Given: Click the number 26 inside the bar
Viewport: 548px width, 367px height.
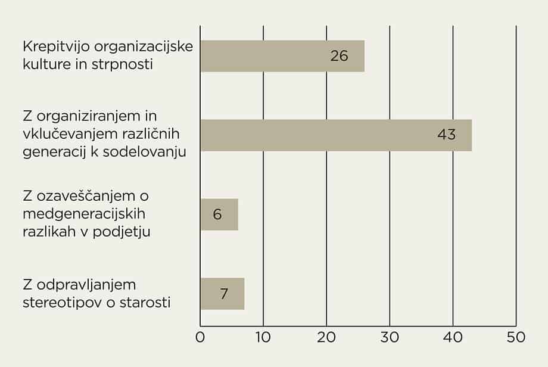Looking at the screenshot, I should [339, 56].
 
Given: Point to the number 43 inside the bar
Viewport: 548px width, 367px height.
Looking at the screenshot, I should [446, 135].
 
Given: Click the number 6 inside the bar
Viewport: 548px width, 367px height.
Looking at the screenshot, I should [217, 214].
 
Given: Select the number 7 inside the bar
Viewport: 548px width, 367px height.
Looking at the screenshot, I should [224, 294].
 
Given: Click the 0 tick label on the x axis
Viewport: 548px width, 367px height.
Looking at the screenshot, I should [200, 337].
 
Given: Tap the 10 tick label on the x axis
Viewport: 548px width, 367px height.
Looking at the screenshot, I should [263, 337].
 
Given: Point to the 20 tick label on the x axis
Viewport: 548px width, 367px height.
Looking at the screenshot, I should [326, 337].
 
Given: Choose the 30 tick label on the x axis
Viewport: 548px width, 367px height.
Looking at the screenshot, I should [390, 337].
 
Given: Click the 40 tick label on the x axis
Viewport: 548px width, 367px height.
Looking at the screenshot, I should [453, 337].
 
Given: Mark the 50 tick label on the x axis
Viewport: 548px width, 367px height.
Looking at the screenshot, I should [516, 337].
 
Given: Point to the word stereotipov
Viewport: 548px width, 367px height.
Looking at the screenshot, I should [58, 302].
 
